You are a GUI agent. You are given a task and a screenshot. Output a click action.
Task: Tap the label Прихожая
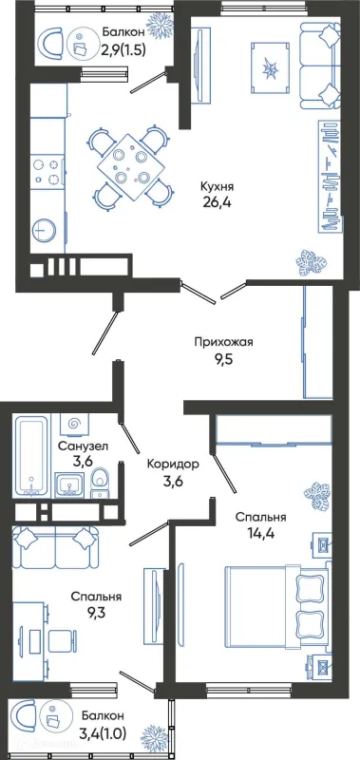click(223, 342)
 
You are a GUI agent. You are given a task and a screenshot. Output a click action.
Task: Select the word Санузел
click(82, 446)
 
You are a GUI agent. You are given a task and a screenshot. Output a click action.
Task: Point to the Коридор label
click(173, 465)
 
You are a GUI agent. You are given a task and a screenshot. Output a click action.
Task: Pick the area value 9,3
click(96, 615)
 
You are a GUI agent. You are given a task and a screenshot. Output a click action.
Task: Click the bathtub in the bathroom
click(31, 456)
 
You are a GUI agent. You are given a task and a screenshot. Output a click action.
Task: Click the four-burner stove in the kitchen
click(45, 170)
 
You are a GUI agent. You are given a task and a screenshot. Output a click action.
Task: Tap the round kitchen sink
click(45, 231)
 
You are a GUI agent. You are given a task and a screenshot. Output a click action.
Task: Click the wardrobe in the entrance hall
click(317, 342)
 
